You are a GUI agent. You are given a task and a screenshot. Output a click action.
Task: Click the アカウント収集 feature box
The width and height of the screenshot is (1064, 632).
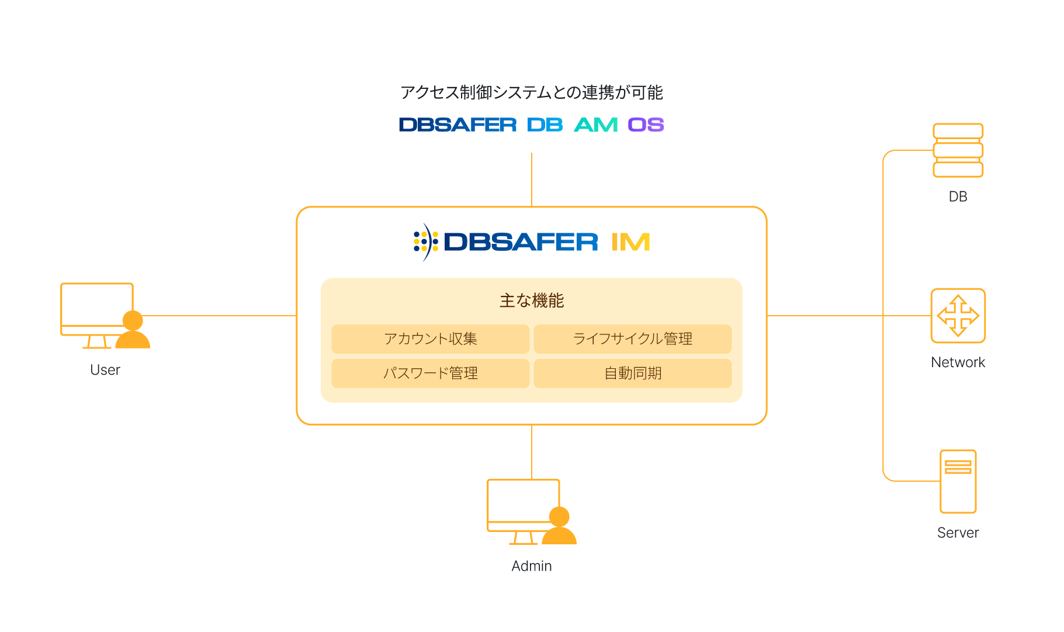pos(430,339)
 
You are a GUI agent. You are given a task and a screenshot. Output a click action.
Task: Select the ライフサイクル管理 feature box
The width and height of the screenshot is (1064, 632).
pos(632,339)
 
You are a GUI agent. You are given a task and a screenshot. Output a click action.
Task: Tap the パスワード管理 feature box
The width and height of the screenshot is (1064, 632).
pos(430,373)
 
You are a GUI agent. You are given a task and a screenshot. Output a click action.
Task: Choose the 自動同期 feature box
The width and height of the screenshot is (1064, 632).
pos(632,373)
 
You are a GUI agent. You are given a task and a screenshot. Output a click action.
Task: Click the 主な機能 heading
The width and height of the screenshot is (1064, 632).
pos(531,301)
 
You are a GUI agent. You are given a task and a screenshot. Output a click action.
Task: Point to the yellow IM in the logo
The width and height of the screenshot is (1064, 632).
pos(630,242)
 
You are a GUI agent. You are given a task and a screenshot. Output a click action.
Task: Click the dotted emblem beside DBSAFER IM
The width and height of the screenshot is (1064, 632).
pos(425,242)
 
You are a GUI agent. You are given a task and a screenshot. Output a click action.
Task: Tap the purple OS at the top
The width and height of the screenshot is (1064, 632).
pos(646,125)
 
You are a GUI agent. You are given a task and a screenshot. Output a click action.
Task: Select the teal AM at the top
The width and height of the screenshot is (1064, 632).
pos(595,125)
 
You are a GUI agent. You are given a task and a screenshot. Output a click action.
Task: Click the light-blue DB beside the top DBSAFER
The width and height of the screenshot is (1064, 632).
pos(545,125)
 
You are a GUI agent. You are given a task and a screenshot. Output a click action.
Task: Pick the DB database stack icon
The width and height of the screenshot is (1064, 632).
pos(958,150)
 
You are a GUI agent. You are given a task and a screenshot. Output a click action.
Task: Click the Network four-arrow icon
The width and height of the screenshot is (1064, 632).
pos(958,316)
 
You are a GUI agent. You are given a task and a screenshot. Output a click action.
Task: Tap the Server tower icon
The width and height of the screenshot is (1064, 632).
pos(958,481)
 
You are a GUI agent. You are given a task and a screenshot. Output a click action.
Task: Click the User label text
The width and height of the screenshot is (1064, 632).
pos(105,370)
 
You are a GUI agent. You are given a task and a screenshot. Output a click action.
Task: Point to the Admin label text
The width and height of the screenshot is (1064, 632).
pos(531,566)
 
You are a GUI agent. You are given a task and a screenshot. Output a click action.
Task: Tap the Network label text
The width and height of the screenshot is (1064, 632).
pos(958,362)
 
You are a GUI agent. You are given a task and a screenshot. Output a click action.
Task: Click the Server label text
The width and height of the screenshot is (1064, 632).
pos(958,533)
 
